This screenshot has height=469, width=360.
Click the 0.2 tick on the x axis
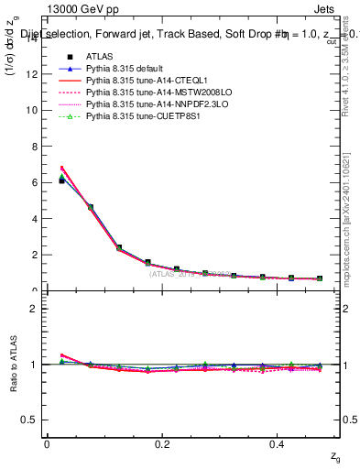(162, 444)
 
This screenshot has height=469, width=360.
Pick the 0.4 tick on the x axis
(278, 444)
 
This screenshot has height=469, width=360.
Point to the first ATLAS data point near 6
(61, 180)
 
